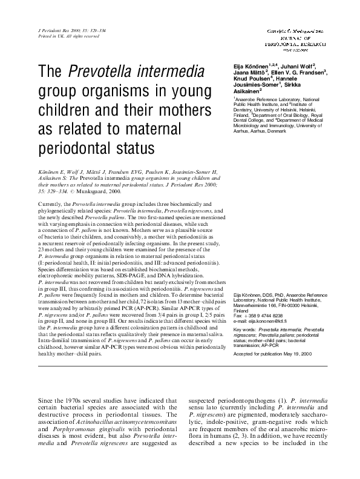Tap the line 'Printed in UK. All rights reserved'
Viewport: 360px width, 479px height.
[67, 36]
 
